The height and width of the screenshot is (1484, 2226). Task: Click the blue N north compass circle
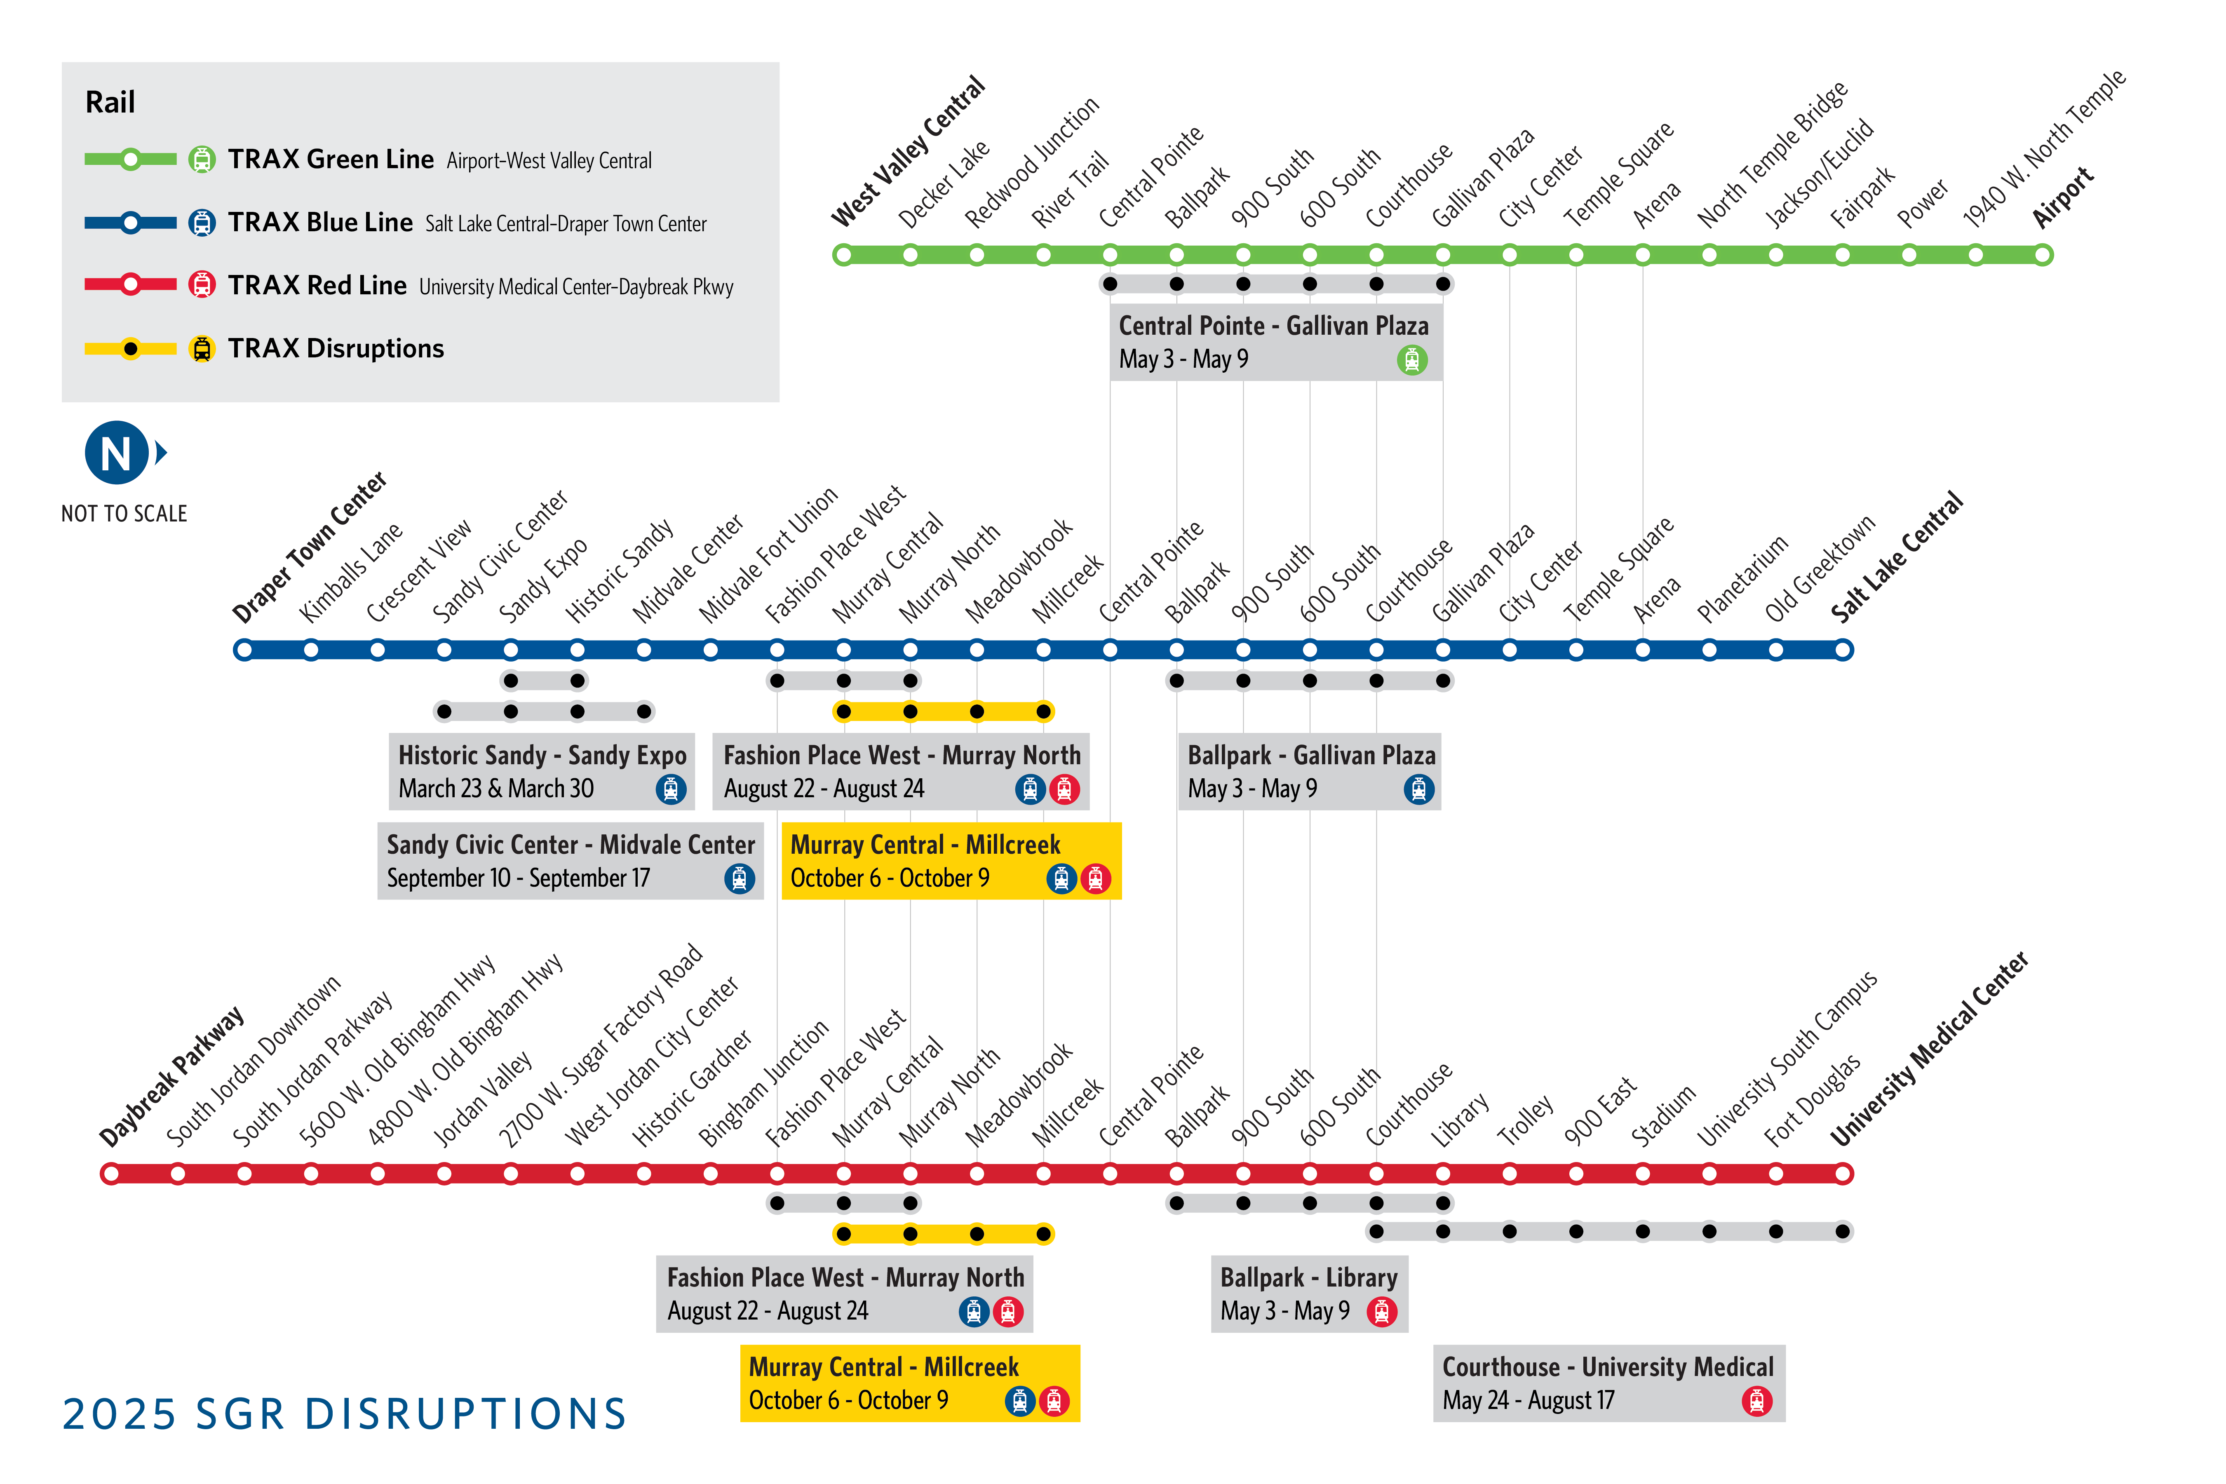pos(116,453)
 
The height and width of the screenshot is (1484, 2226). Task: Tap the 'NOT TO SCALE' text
pos(124,514)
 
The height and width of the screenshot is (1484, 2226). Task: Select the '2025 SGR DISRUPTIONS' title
pos(345,1414)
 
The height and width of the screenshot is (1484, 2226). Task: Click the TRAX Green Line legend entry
pos(330,159)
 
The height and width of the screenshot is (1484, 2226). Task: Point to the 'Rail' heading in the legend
pos(110,102)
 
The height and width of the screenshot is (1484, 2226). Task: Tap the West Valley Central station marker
pos(842,255)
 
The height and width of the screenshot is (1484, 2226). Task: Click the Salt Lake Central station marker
pos(1843,650)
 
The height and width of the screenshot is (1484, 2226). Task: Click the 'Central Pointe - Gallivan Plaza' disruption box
pos(1275,342)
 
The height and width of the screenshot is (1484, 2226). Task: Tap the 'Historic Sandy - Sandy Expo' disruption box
pos(541,771)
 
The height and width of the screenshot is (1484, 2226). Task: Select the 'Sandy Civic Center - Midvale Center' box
pos(570,860)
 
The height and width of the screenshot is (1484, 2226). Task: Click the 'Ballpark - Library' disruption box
pos(1309,1294)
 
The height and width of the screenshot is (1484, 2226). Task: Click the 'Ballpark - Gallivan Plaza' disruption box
pos(1309,771)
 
